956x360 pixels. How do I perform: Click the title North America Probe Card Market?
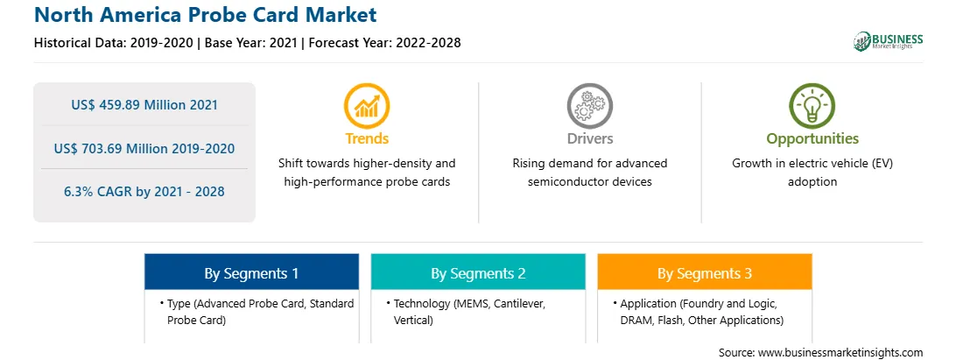(x=206, y=15)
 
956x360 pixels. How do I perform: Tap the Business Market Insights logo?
(x=889, y=41)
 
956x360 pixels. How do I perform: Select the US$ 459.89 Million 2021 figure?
(x=144, y=104)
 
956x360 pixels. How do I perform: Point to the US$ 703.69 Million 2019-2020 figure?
(x=144, y=148)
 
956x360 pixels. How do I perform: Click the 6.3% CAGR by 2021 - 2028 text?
(x=144, y=192)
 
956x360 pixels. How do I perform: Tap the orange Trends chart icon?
(x=367, y=106)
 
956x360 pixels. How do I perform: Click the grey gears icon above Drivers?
(x=589, y=106)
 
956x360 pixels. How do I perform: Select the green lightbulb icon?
(x=812, y=106)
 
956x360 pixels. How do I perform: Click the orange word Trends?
(x=367, y=138)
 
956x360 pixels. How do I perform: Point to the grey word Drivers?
(x=589, y=138)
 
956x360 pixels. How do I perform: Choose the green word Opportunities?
(x=812, y=139)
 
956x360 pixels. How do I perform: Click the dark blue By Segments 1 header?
(x=252, y=272)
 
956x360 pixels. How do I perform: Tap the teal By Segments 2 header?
(x=478, y=272)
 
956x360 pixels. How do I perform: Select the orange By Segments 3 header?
(x=705, y=272)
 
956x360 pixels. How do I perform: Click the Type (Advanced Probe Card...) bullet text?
(x=257, y=312)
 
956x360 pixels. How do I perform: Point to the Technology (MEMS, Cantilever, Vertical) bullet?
(x=470, y=312)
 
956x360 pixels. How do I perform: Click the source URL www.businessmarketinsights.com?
(x=840, y=353)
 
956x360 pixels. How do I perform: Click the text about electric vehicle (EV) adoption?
(x=812, y=173)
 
